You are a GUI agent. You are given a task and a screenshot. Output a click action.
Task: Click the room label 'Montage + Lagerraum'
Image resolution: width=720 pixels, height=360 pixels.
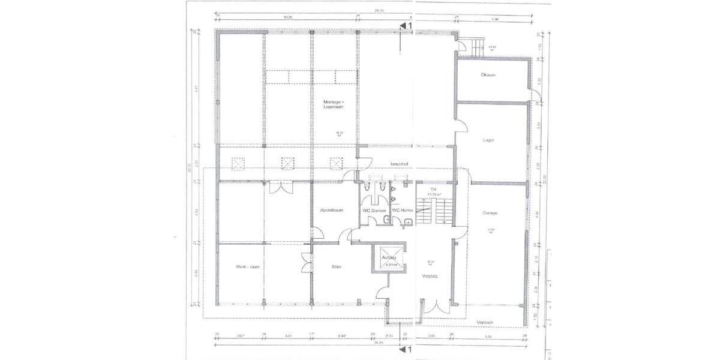335,106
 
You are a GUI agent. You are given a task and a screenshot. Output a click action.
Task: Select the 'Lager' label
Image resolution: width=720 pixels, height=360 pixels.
488,140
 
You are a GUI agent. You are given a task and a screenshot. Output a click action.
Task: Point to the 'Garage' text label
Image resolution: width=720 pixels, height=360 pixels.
490,213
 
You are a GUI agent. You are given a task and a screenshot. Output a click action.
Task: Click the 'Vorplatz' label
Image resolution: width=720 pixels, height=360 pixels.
428,277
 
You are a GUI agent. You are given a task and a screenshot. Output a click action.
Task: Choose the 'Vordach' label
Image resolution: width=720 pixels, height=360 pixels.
485,322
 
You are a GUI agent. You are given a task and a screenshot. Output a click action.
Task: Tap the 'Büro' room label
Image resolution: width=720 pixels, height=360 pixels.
337,266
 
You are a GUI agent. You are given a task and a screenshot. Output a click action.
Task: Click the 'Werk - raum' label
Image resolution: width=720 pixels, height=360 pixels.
247,266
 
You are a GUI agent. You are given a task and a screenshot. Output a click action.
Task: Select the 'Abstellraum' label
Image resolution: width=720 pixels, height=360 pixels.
331,210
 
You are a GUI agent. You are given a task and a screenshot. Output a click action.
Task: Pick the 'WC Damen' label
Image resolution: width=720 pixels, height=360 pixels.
374,211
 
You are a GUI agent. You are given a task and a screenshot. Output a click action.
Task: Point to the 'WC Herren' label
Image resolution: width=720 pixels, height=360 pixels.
403,211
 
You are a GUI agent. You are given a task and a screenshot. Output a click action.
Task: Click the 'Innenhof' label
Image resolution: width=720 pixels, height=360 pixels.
399,163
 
